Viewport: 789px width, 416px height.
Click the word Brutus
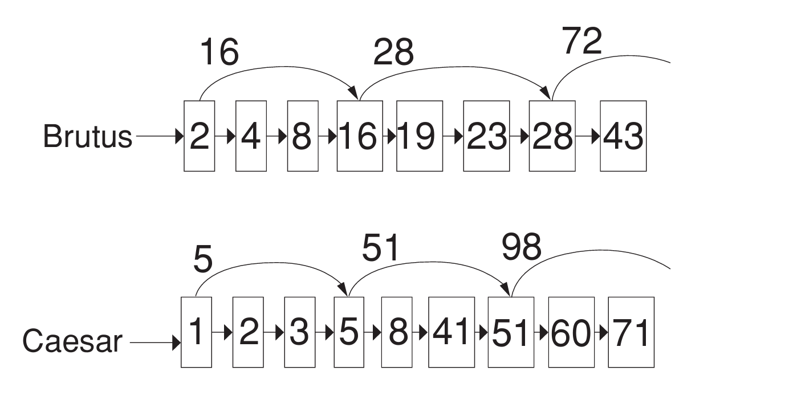[87, 137]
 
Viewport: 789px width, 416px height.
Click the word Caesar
[72, 341]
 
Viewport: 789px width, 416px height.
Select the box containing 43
[623, 136]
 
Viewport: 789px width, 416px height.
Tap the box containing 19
[419, 136]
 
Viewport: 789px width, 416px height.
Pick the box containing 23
[486, 136]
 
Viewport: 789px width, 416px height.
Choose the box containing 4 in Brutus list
[251, 136]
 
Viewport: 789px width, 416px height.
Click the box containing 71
[631, 332]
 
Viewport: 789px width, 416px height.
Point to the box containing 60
[571, 332]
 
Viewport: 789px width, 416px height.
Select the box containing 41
[451, 332]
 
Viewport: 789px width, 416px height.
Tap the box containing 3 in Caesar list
[299, 332]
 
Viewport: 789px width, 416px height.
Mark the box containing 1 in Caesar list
[196, 332]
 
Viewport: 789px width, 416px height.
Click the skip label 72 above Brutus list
[582, 42]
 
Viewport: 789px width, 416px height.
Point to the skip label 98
[521, 247]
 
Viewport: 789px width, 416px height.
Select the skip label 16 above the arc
[219, 53]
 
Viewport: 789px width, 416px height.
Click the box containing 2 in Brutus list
[199, 136]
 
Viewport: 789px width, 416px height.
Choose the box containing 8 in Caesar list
[397, 332]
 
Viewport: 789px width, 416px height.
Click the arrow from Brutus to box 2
[159, 137]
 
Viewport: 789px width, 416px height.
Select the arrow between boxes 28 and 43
[588, 137]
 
